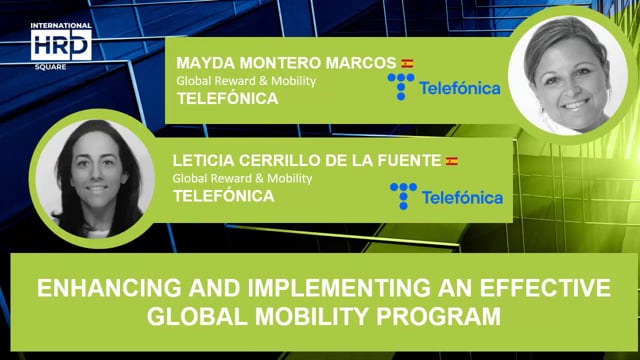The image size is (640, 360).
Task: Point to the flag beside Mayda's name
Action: coord(407,63)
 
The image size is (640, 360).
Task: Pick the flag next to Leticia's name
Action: coord(452,161)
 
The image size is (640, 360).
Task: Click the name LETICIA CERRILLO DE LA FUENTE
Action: coord(308,161)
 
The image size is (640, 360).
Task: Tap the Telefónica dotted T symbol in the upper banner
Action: coord(401,87)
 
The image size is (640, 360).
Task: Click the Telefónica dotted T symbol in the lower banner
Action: coord(402,196)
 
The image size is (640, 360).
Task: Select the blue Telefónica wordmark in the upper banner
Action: coord(460,88)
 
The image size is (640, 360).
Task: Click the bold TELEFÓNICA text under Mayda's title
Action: coord(226,99)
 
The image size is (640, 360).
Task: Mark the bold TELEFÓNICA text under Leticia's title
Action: coord(224,196)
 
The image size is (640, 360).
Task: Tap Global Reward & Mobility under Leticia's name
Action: coord(243,178)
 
